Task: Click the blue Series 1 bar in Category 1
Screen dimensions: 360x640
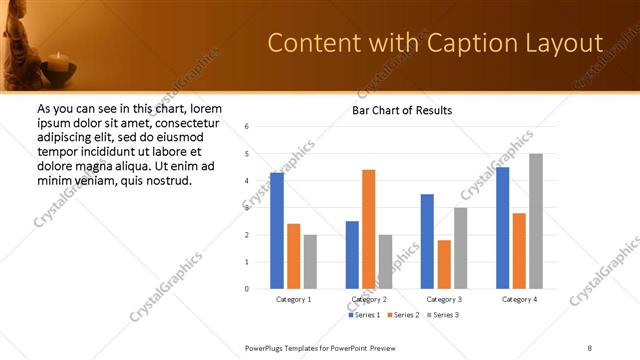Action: tap(277, 231)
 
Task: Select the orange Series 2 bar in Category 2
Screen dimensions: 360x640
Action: tap(368, 229)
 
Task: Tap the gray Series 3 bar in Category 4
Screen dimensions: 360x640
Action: tap(535, 221)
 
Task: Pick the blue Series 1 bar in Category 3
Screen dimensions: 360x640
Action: tap(427, 241)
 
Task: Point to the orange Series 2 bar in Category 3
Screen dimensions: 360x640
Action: tap(443, 264)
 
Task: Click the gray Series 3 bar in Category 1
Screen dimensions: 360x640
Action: tap(310, 262)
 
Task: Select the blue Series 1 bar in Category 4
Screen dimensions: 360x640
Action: tap(502, 228)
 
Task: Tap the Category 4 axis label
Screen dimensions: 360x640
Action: tap(518, 299)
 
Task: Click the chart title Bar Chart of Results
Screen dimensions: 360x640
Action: tap(402, 110)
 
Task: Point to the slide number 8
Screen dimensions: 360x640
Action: tap(590, 347)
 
